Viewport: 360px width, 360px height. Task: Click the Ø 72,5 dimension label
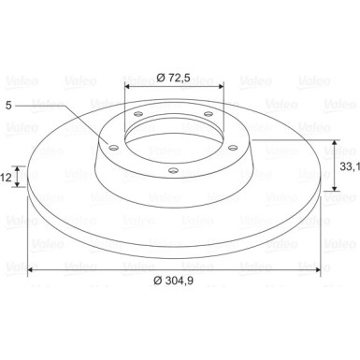point(173,78)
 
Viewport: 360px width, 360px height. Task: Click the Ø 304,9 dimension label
point(173,281)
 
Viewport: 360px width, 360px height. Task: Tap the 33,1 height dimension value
point(350,166)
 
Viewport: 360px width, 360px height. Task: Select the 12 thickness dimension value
point(6,178)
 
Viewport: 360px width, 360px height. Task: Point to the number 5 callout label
point(8,106)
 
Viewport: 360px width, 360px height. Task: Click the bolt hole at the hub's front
point(173,170)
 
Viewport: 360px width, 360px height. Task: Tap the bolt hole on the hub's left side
point(114,147)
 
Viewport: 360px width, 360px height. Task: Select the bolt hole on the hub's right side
point(233,147)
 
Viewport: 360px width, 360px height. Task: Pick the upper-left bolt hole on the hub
point(138,114)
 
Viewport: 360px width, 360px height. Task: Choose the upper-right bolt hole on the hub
point(208,114)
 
